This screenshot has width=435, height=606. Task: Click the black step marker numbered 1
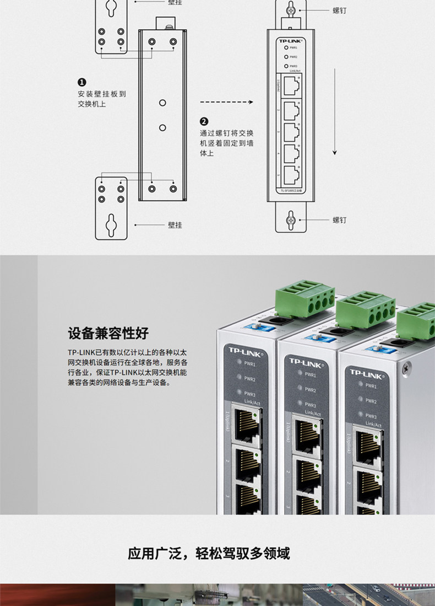pyautogui.click(x=82, y=83)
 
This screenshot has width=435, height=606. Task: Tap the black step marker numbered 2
pyautogui.click(x=204, y=122)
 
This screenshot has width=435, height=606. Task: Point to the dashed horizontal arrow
pyautogui.click(x=226, y=102)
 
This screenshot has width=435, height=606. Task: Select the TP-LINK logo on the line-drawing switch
pyautogui.click(x=291, y=40)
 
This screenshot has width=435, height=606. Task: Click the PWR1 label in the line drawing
pyautogui.click(x=293, y=48)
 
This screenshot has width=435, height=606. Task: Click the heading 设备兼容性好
pyautogui.click(x=108, y=334)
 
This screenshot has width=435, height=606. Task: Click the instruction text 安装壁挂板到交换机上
pyautogui.click(x=102, y=99)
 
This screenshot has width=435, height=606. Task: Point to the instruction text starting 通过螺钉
pyautogui.click(x=226, y=143)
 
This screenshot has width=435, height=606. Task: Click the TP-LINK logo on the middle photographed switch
pyautogui.click(x=305, y=361)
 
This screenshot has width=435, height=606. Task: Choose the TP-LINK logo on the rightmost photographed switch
pyautogui.click(x=366, y=373)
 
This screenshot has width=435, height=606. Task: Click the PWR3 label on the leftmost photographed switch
pyautogui.click(x=249, y=394)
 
